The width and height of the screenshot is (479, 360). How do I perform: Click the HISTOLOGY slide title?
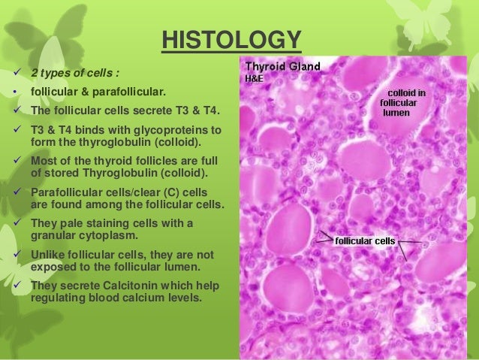coord(230,38)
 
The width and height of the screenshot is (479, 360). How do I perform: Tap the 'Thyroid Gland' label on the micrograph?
coord(282,66)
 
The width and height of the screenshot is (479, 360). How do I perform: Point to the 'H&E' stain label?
coord(255,77)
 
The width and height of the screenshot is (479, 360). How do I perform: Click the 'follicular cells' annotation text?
coord(366,241)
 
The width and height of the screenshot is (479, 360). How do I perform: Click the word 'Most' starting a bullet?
coord(43,159)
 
